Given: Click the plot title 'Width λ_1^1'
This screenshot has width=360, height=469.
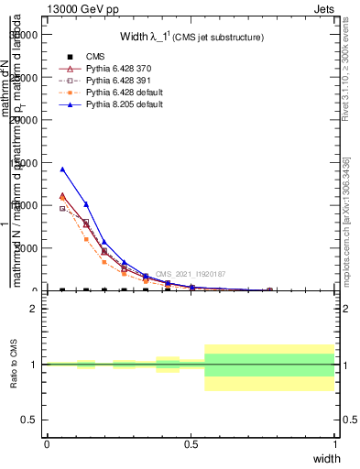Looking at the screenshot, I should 191,37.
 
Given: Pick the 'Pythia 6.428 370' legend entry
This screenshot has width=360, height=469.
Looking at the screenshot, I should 120,70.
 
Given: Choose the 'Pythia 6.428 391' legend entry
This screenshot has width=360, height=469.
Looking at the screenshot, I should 120,82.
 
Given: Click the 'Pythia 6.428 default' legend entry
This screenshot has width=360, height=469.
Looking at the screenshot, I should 125,93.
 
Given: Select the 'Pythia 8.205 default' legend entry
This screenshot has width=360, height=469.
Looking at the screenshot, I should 125,105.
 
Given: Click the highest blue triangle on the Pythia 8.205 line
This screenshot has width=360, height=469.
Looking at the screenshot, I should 62,169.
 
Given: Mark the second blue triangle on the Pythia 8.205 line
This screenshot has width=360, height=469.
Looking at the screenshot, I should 86,204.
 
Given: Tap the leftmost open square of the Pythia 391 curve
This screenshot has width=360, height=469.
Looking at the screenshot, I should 62,209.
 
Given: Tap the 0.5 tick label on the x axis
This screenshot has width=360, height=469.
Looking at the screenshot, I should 191,443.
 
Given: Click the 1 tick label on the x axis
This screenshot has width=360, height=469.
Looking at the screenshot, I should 334,443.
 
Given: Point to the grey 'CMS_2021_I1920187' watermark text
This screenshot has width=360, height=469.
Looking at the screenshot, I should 190,274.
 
